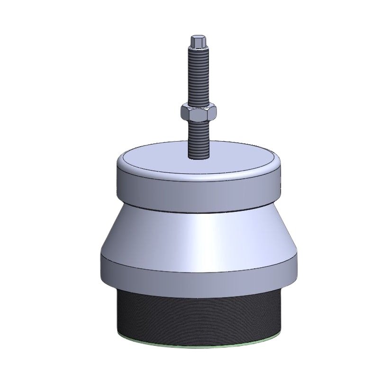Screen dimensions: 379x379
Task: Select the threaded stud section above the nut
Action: point(197,76)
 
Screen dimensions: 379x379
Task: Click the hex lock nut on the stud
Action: point(199,113)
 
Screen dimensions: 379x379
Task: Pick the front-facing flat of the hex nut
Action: point(199,115)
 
